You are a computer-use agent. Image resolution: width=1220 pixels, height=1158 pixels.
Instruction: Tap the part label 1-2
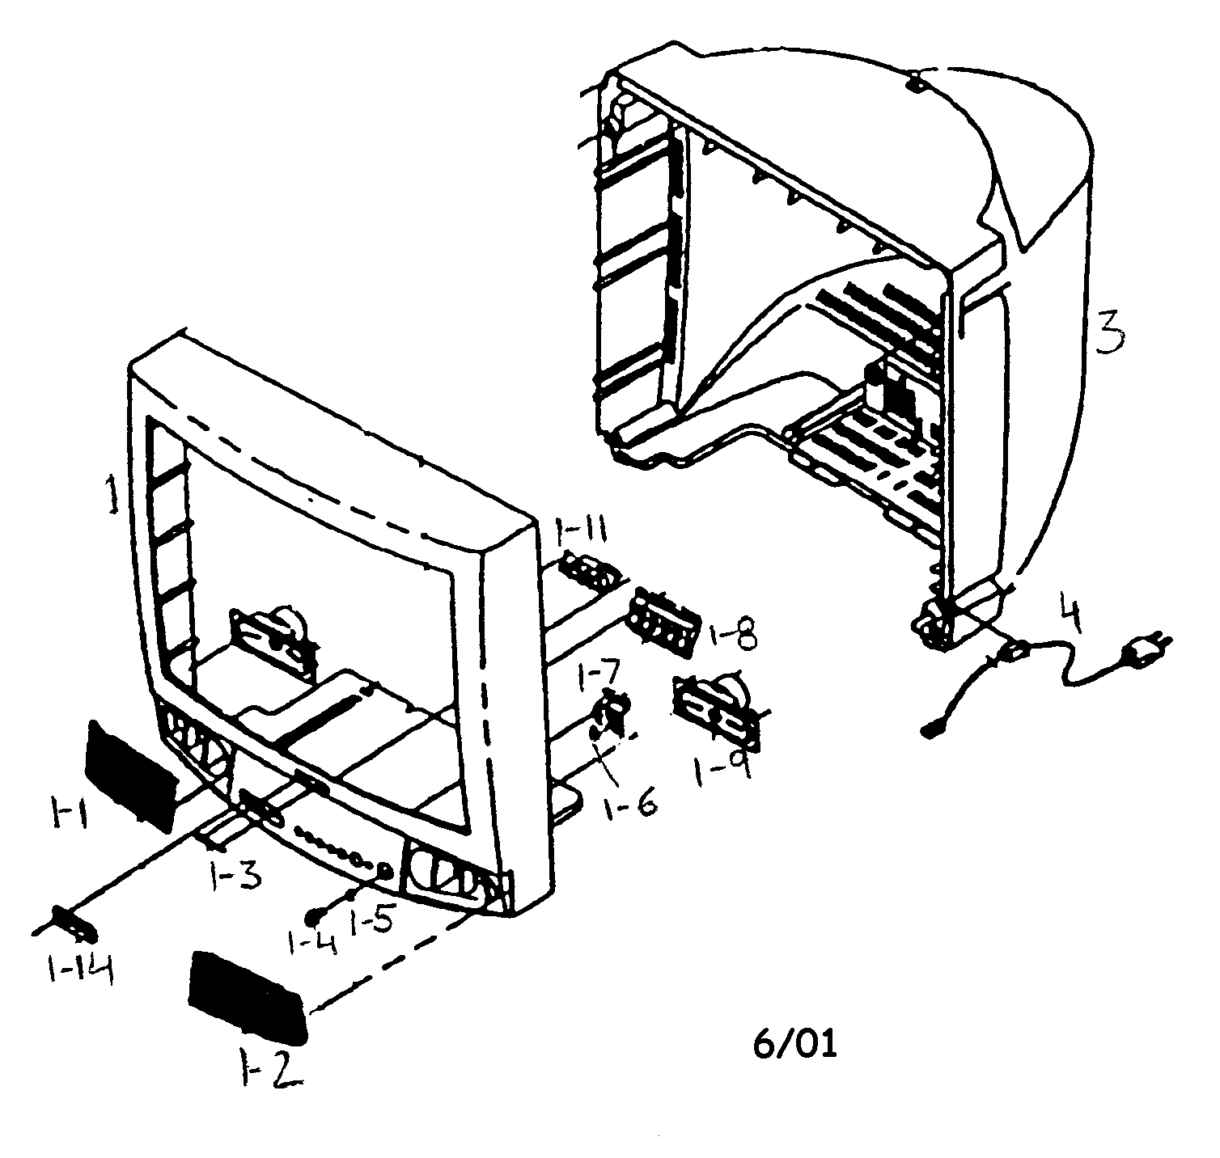269,1071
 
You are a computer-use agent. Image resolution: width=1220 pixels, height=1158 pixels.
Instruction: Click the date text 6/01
794,1044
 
